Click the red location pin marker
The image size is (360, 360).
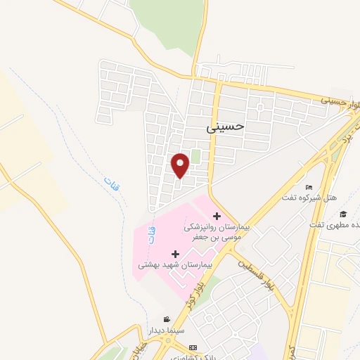(x=181, y=165)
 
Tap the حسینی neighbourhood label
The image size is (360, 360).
(x=226, y=127)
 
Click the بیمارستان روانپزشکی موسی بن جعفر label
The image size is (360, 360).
(x=218, y=233)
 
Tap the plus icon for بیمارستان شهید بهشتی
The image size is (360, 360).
(x=175, y=252)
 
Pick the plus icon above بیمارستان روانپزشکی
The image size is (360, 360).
(x=217, y=216)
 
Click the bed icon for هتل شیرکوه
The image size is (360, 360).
(x=309, y=187)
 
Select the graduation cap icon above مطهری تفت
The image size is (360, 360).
(x=343, y=214)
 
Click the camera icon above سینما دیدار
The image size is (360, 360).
(x=166, y=319)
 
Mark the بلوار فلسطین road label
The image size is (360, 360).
(x=257, y=276)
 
